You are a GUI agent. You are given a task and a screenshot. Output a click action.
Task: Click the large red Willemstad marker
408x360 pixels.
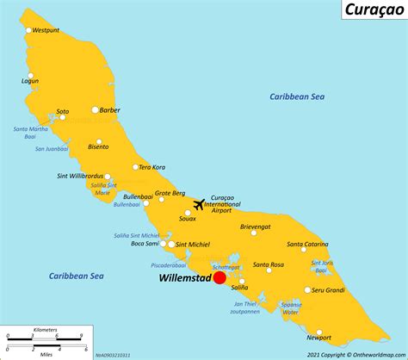point(219,277)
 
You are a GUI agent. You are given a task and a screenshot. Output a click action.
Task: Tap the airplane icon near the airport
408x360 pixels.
point(201,204)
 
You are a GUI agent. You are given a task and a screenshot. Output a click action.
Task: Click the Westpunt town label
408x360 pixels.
point(49,30)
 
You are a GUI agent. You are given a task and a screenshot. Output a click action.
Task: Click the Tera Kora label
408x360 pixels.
point(152,167)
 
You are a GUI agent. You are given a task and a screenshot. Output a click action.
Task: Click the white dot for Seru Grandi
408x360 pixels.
point(307,290)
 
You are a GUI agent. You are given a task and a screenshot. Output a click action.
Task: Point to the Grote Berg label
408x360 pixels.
point(170,193)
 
